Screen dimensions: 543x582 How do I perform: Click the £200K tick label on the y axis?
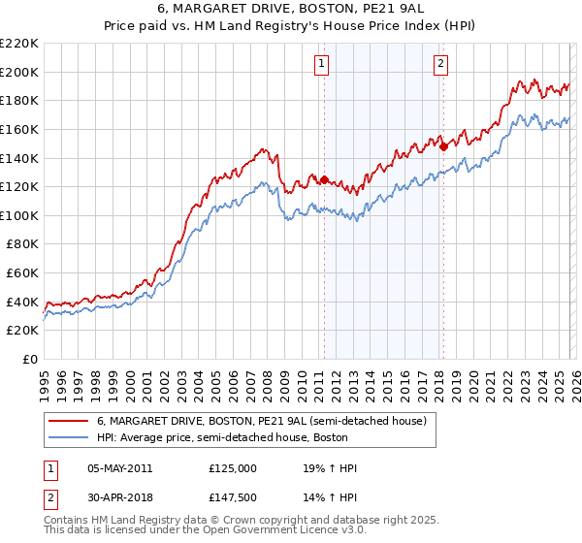pos(19,72)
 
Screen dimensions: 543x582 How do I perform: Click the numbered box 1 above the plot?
pos(321,64)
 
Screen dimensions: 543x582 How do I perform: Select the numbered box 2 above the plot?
pos(440,64)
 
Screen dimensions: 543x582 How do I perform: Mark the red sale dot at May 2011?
pos(324,179)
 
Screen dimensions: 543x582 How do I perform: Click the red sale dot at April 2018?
pos(443,146)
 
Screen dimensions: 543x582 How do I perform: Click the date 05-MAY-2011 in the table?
pos(119,468)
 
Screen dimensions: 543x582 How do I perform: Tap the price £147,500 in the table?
pos(232,497)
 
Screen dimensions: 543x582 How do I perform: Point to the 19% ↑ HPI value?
pos(330,468)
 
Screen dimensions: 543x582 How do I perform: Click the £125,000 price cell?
pos(232,468)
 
